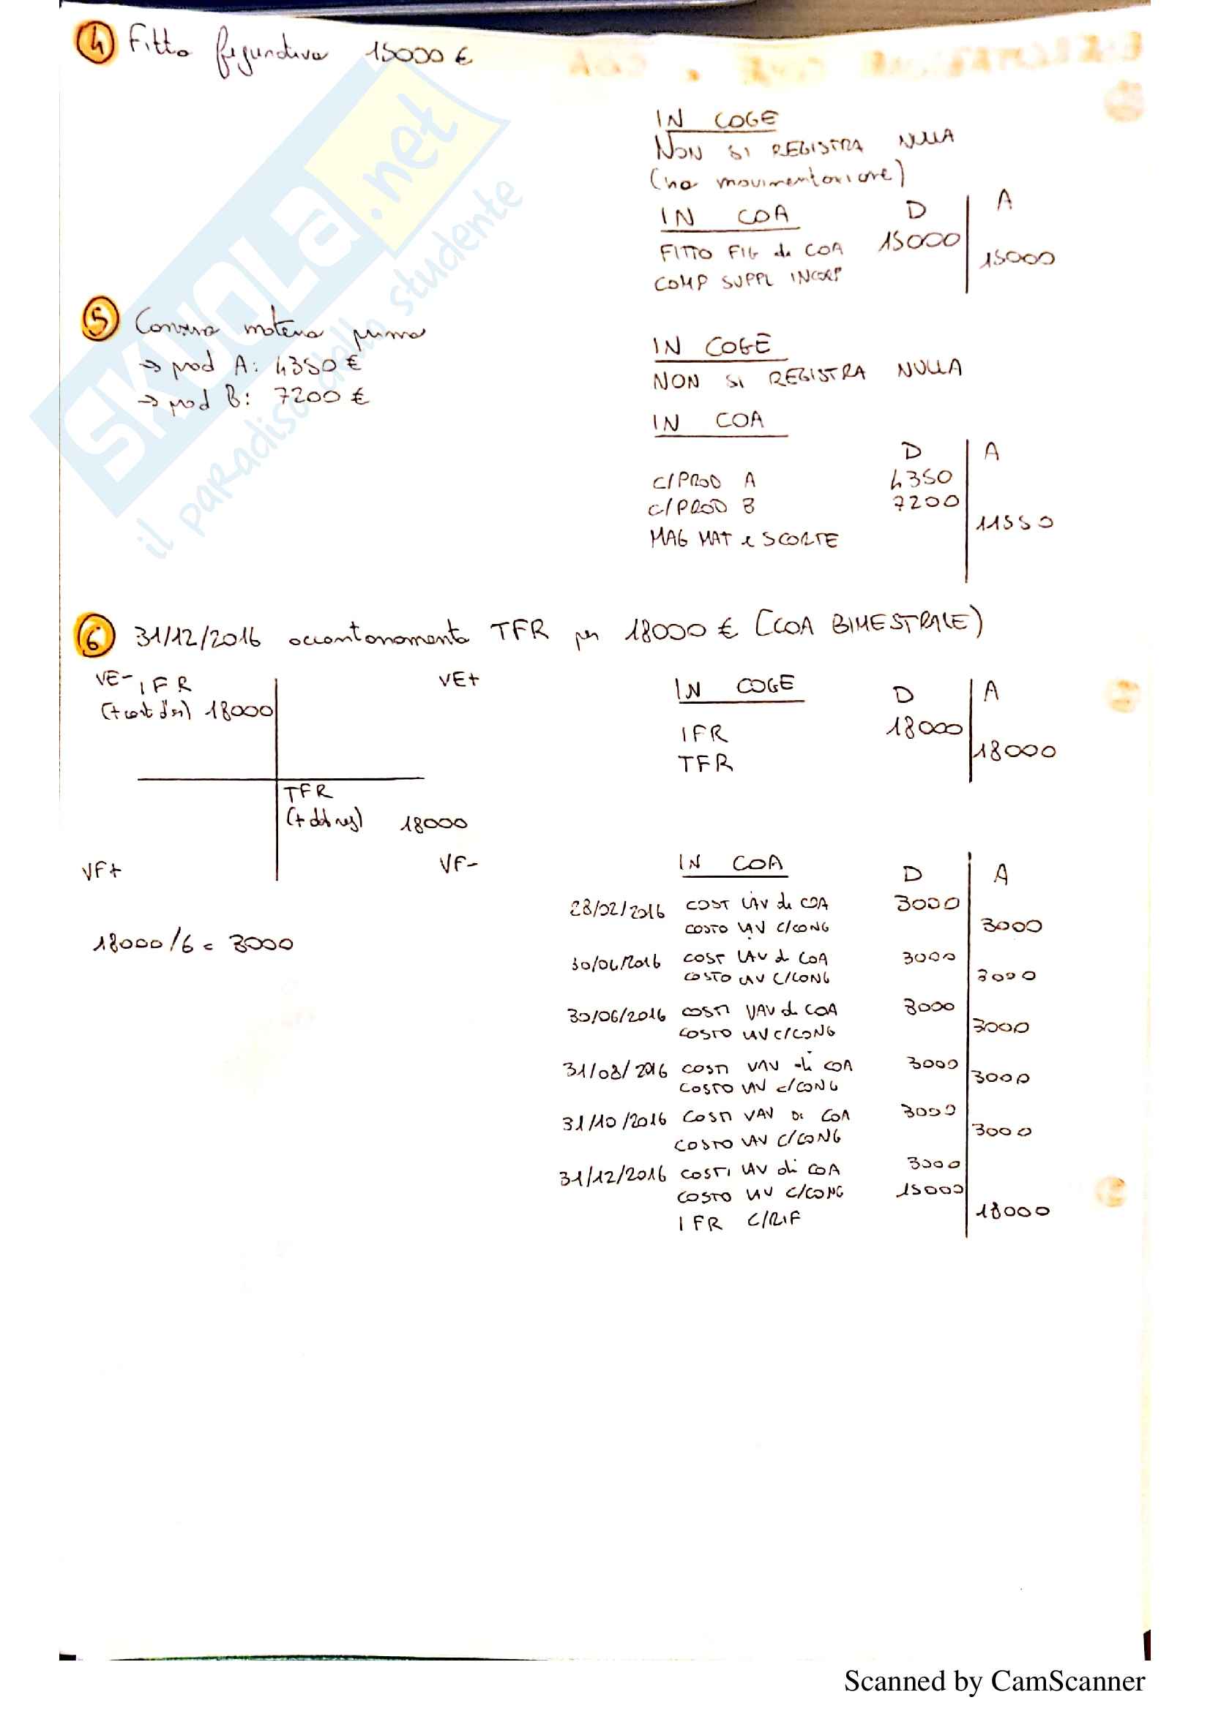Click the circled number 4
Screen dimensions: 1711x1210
pos(95,42)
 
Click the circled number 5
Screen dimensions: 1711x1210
pos(100,319)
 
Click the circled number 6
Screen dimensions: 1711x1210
pos(94,636)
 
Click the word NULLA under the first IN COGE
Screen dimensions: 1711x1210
pos(926,138)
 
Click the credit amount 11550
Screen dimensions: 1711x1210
pos(1014,523)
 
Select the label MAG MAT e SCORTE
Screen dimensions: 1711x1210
pos(743,539)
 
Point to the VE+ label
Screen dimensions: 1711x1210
pos(458,680)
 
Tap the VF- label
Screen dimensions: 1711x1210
pos(458,865)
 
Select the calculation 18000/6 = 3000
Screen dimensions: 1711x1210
pos(193,944)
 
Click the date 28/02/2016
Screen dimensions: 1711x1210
pos(616,910)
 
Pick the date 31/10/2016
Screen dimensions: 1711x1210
pos(613,1121)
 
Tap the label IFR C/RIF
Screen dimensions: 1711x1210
pos(738,1222)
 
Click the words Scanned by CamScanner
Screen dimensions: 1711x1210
pos(994,1681)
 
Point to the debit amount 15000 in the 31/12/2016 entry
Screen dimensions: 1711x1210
pos(929,1190)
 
